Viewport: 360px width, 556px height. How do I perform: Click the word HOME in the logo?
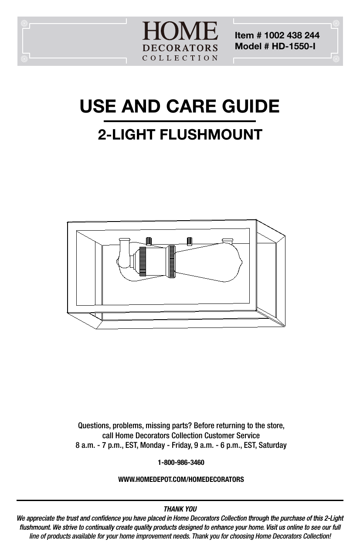180,31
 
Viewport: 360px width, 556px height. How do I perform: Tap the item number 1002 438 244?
292,35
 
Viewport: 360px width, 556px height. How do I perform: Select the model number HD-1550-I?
293,46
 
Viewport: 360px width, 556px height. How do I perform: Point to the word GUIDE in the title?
251,106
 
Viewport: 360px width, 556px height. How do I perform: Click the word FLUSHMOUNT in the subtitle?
211,135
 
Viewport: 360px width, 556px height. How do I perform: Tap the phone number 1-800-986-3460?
181,462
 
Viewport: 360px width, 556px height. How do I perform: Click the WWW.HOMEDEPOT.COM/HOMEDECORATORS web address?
181,479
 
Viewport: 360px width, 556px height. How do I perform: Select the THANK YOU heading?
180,509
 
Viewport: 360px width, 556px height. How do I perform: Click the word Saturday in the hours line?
272,445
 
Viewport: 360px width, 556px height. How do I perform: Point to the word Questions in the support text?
94,426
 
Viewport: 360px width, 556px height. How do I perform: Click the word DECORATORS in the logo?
180,48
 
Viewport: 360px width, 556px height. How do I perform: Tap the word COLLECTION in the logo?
180,58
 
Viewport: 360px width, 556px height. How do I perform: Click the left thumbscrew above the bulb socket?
149,241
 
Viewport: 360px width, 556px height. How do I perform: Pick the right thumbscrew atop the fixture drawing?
189,241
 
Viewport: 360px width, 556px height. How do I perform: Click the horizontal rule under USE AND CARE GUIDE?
180,121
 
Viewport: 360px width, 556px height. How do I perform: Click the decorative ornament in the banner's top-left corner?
24,24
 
